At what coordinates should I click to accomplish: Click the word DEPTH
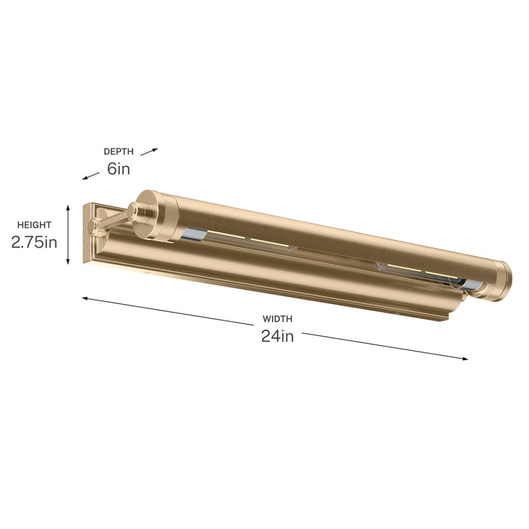pyautogui.click(x=118, y=151)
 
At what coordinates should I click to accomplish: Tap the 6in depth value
pyautogui.click(x=118, y=168)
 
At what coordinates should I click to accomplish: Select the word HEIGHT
pyautogui.click(x=34, y=225)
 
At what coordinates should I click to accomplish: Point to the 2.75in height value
pyautogui.click(x=34, y=242)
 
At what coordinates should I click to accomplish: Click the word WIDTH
pyautogui.click(x=277, y=318)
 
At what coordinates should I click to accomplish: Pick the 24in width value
pyautogui.click(x=277, y=336)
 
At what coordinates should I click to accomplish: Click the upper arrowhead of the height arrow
pyautogui.click(x=68, y=207)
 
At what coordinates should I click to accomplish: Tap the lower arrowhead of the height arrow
pyautogui.click(x=68, y=262)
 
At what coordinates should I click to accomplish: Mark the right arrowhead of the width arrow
pyautogui.click(x=464, y=359)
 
